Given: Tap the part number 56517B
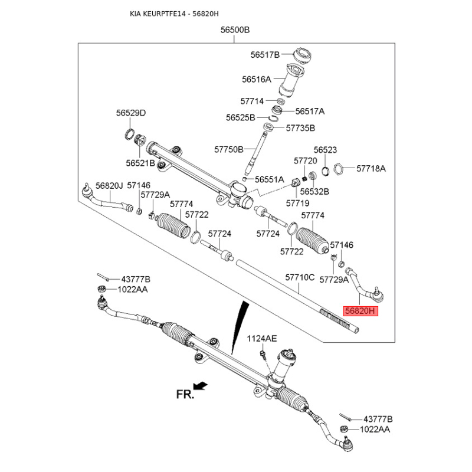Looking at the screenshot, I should (x=264, y=54).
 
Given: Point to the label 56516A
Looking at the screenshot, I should (x=256, y=79).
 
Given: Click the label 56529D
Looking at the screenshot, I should (x=130, y=113).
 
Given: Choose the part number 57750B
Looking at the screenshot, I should (x=228, y=149).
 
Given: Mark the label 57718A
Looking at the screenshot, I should (x=371, y=168).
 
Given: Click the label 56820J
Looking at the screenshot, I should (x=109, y=185).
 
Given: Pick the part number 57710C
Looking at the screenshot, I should (x=300, y=277).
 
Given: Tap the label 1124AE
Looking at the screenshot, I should (x=262, y=338).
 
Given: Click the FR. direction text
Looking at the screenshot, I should (x=185, y=395).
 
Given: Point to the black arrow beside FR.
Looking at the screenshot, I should (x=201, y=386).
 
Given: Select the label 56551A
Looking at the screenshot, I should (x=269, y=179).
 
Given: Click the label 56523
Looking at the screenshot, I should (x=325, y=150).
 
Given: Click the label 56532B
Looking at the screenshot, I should (x=314, y=192).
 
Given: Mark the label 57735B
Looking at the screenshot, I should (x=300, y=127).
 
